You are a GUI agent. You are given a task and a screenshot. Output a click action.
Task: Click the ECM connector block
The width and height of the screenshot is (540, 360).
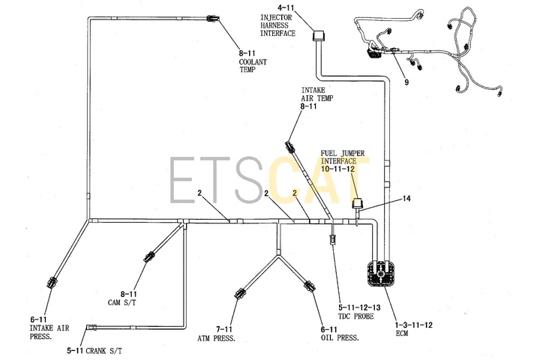coord(379,274)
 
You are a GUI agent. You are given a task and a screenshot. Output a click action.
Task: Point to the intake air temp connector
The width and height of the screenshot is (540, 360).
coord(289,147)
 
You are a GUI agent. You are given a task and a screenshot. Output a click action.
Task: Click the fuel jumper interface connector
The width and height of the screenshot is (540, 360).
coord(356,203)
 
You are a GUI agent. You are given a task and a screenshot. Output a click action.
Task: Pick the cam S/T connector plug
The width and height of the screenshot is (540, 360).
coord(149,256)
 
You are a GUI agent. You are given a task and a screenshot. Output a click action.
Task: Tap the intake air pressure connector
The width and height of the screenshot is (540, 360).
coord(52,282)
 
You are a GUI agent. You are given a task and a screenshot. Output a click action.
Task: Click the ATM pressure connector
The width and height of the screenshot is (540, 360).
coord(240,294)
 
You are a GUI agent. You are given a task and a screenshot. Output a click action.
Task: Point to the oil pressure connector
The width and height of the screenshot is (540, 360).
coord(309,286)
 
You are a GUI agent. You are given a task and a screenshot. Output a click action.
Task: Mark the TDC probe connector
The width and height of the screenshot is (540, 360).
coord(333,239)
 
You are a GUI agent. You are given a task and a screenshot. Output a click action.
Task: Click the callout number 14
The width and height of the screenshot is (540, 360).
coord(406,199)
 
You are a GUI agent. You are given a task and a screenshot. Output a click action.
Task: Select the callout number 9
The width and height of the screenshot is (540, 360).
coord(406,82)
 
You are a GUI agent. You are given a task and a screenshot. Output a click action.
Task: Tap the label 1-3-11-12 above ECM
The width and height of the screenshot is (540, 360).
coord(413,325)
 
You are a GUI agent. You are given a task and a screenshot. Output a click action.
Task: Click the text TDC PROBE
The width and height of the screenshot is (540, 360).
coord(356,316)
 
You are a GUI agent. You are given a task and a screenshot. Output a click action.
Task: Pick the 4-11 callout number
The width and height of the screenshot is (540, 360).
coord(286,7)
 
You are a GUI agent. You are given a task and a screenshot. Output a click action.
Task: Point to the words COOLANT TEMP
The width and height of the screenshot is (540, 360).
coord(253,66)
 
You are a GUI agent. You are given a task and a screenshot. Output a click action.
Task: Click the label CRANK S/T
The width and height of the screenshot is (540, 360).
coord(103,351)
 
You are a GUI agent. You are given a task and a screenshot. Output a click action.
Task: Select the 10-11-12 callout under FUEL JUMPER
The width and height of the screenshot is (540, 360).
coord(337,169)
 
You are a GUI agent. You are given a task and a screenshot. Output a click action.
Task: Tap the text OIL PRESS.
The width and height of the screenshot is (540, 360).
coord(340,338)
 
